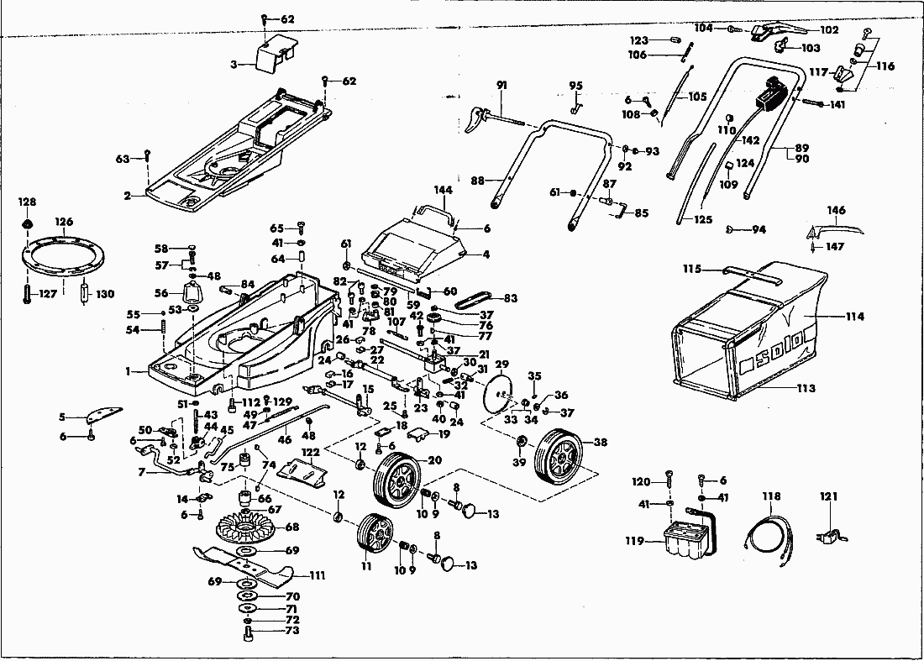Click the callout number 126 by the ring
point(64,222)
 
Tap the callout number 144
point(443,191)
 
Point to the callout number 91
point(501,85)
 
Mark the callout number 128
point(28,202)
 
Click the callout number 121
point(829,497)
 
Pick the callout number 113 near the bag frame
point(806,388)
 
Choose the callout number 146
point(836,210)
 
